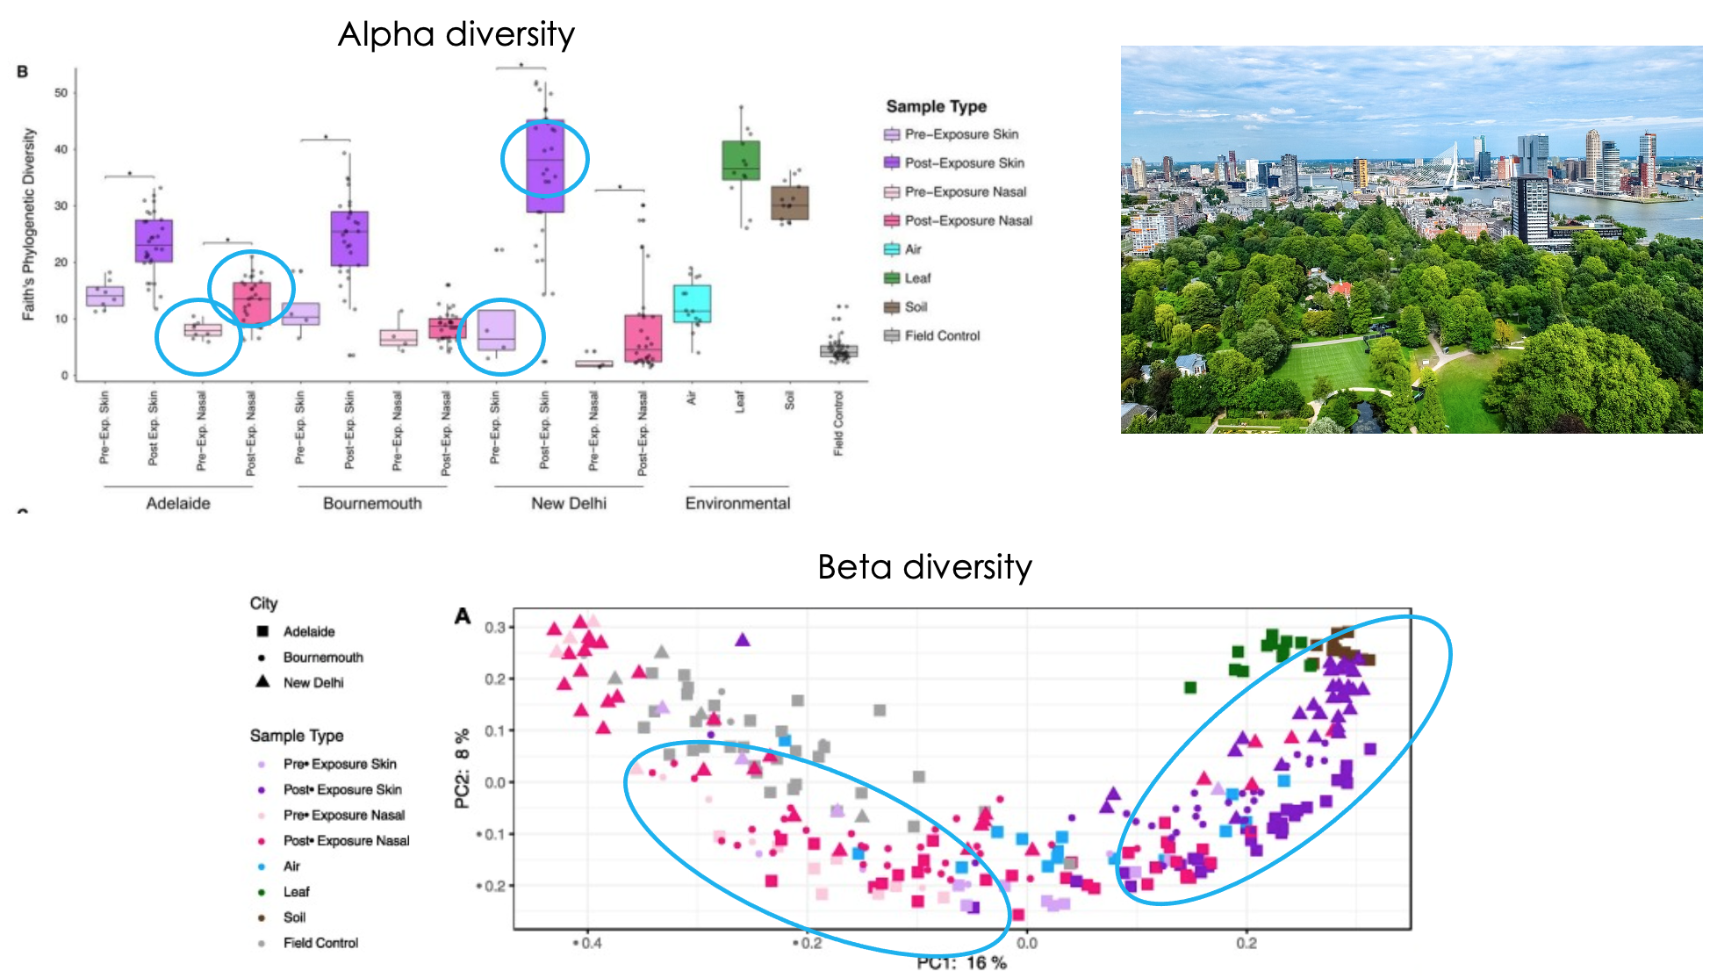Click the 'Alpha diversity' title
(x=456, y=34)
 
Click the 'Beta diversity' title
(x=923, y=567)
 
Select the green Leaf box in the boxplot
(x=741, y=161)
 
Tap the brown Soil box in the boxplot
(x=789, y=203)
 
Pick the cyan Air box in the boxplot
(x=692, y=304)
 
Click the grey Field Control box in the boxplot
(x=838, y=351)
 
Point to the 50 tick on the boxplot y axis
(x=61, y=93)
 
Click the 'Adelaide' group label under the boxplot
(x=178, y=503)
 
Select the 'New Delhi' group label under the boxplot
(x=568, y=503)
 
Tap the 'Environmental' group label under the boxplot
(x=737, y=503)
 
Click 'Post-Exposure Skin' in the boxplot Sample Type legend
(x=964, y=163)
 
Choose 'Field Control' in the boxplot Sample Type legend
(x=942, y=336)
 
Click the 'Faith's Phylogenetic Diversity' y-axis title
(x=29, y=224)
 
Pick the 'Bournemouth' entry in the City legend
(x=322, y=658)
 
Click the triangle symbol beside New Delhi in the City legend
(x=262, y=681)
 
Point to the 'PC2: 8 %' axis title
(x=463, y=767)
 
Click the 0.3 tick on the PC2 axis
(x=495, y=628)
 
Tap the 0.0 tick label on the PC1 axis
(x=1026, y=944)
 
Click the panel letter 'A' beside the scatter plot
(x=463, y=616)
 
